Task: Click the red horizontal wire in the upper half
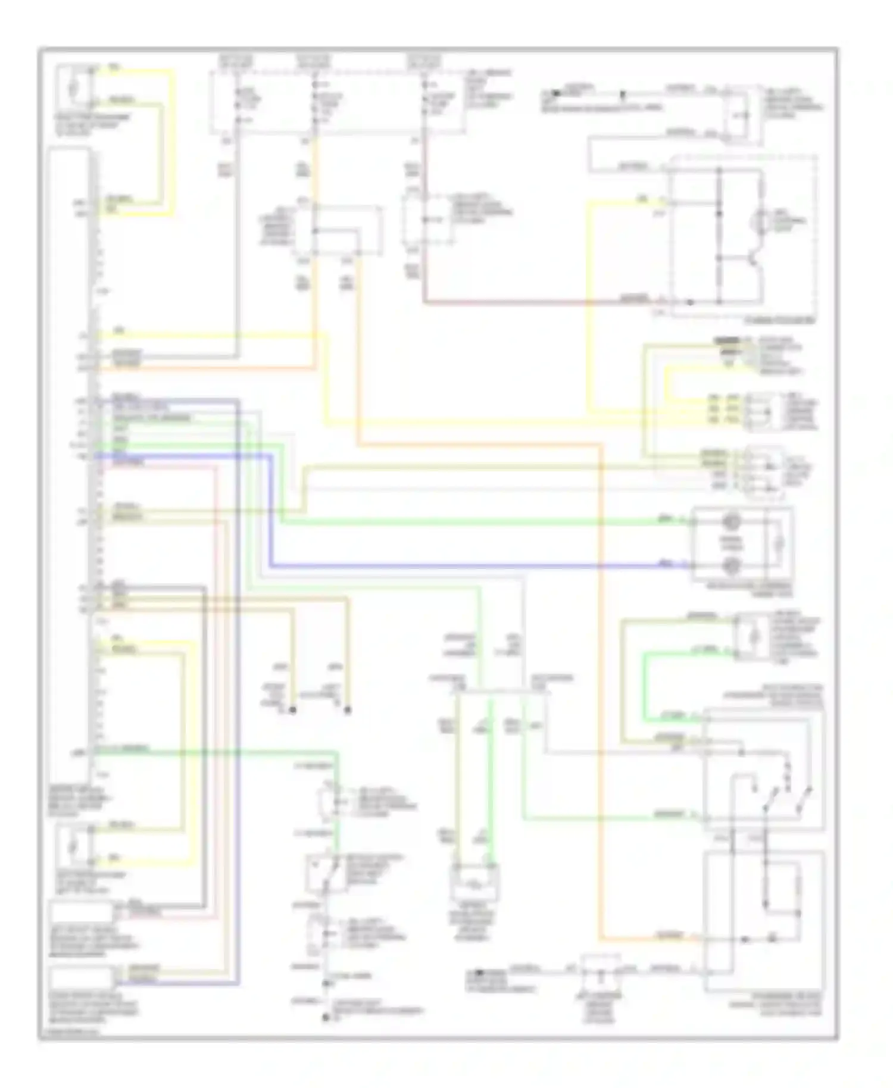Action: click(536, 302)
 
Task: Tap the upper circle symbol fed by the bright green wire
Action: click(730, 522)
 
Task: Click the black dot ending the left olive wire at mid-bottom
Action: click(292, 711)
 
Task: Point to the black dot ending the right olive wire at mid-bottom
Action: click(348, 711)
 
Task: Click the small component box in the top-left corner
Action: click(74, 88)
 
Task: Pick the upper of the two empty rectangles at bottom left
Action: click(81, 912)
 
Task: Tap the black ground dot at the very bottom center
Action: click(326, 1018)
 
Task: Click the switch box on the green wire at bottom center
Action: click(324, 874)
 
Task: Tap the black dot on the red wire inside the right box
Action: click(691, 302)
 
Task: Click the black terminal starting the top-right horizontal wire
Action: click(555, 93)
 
